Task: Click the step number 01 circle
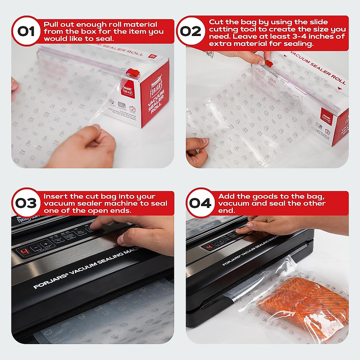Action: pyautogui.click(x=26, y=31)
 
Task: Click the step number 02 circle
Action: pyautogui.click(x=191, y=31)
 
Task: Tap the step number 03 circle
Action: pyautogui.click(x=26, y=203)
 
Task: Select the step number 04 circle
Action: pyautogui.click(x=200, y=203)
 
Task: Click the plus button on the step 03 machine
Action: pyautogui.click(x=44, y=244)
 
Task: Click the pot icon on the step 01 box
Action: pyautogui.click(x=132, y=108)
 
